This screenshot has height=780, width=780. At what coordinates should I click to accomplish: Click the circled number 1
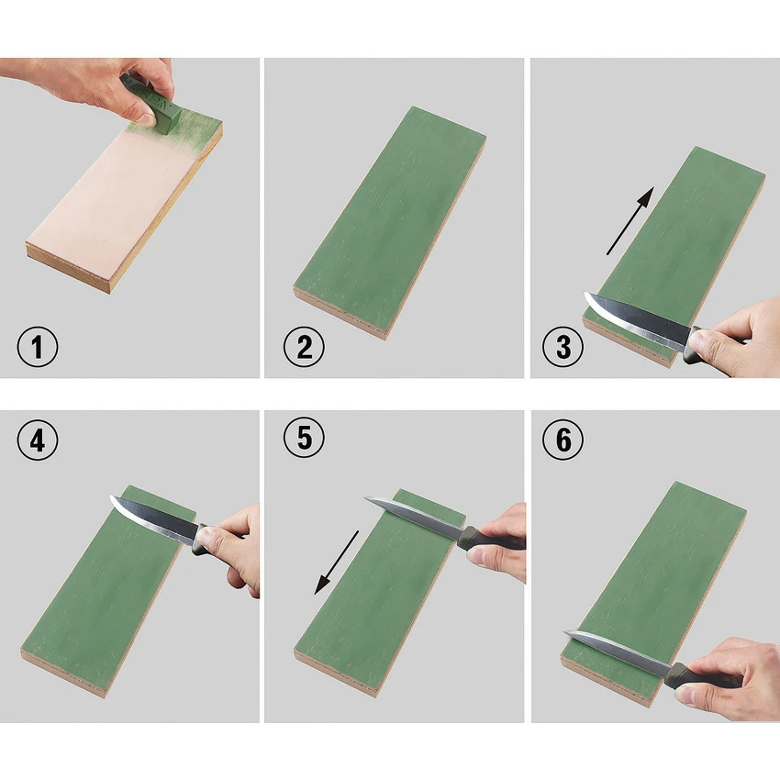click(38, 347)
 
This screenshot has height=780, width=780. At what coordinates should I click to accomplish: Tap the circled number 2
click(304, 347)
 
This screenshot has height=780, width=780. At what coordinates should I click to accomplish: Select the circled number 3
click(563, 347)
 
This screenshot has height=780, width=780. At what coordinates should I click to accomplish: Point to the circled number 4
click(38, 440)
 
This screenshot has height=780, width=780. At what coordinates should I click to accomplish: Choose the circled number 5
click(304, 437)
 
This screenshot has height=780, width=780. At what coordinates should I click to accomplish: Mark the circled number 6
click(563, 440)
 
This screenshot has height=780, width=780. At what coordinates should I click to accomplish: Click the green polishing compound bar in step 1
click(151, 106)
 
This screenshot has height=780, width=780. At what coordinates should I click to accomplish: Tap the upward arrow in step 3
click(630, 221)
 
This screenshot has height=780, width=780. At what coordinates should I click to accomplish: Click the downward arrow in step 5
click(336, 563)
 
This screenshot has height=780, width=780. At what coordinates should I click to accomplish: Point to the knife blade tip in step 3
click(585, 294)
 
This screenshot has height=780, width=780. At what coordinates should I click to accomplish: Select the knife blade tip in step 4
click(111, 497)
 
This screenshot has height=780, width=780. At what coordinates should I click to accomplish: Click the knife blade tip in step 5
click(365, 498)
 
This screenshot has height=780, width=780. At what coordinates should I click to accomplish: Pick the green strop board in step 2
click(389, 222)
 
